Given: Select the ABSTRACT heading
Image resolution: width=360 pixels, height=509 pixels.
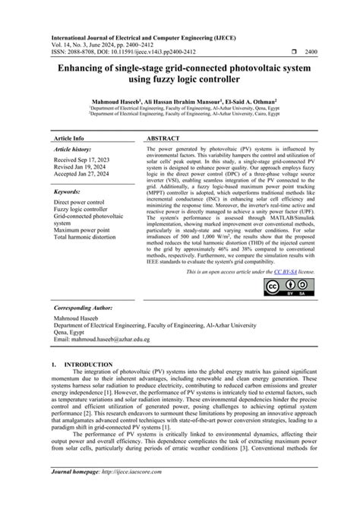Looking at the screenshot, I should pyautogui.click(x=164, y=139).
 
